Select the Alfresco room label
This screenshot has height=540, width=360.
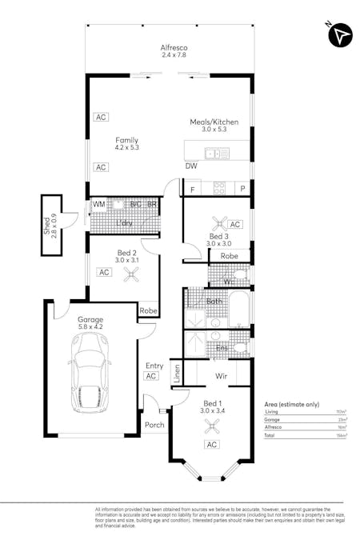click(174, 47)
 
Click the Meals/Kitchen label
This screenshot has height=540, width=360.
click(214, 122)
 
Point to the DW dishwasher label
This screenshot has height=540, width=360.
click(191, 166)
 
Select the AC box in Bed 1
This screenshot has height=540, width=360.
click(212, 445)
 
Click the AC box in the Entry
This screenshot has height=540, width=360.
click(150, 376)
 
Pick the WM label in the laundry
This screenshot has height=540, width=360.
click(98, 205)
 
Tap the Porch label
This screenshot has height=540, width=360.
click(154, 425)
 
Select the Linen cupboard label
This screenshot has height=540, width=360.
click(177, 372)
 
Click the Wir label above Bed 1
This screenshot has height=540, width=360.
click(222, 374)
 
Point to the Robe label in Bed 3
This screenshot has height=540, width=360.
click(230, 256)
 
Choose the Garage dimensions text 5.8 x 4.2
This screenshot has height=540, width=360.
click(91, 326)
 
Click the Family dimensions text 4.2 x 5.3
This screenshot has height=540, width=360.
click(127, 147)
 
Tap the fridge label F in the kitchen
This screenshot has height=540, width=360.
click(192, 189)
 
